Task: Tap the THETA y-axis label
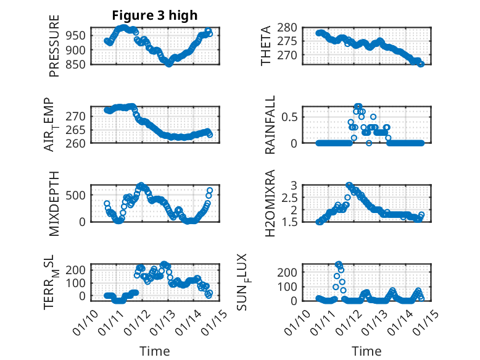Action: tap(267, 46)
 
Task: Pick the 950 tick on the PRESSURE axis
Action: tap(79, 35)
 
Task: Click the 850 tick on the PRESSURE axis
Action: tap(79, 63)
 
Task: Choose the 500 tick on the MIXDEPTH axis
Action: tap(79, 195)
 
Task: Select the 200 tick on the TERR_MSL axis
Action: tap(79, 270)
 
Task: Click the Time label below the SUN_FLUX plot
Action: tap(366, 351)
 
